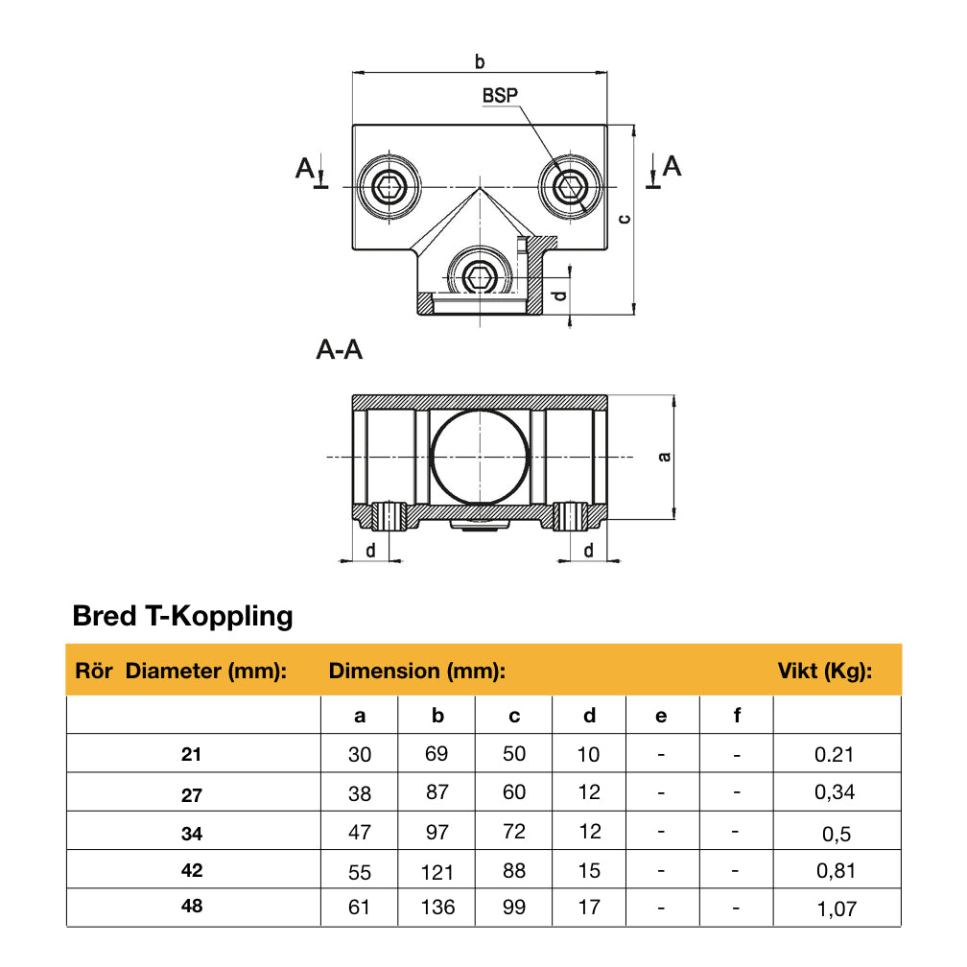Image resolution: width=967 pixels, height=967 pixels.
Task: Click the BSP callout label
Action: [x=500, y=96]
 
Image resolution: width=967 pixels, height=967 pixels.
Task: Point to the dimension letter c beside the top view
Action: [x=624, y=219]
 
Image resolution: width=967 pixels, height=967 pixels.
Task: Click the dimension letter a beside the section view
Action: [x=663, y=456]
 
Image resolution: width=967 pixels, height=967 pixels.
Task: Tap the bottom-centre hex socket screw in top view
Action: [x=479, y=277]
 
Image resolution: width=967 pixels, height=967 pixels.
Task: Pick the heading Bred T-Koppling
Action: [x=182, y=616]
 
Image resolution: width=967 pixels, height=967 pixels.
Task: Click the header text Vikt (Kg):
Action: [x=824, y=672]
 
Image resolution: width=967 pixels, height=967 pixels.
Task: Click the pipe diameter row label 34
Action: [x=192, y=834]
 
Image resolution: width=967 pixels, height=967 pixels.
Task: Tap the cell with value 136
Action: [x=436, y=908]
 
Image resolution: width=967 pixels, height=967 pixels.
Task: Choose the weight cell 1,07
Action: [x=837, y=908]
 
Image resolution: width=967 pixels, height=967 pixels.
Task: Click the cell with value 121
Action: [x=436, y=871]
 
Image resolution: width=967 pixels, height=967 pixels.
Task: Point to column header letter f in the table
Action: [x=737, y=716]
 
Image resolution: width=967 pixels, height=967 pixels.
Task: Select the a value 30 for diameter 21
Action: [x=359, y=755]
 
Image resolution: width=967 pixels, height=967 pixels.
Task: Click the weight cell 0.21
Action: [x=835, y=755]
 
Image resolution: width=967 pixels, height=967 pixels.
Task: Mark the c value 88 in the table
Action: [x=514, y=870]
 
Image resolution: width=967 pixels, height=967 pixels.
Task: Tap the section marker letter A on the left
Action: [x=305, y=169]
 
